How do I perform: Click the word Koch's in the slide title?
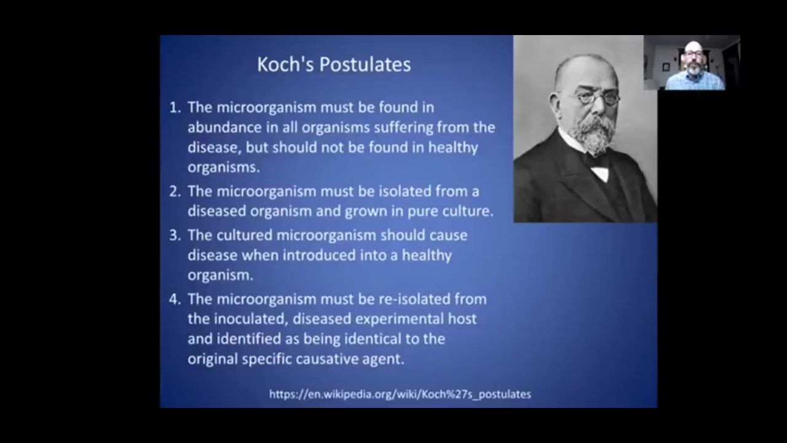tap(285, 65)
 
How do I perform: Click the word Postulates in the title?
tap(365, 65)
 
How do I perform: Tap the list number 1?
tap(175, 107)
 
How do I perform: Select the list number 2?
tap(175, 191)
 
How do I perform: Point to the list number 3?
tap(175, 235)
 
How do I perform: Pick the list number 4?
tap(175, 299)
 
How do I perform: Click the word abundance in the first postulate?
tap(224, 127)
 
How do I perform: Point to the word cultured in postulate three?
tap(244, 235)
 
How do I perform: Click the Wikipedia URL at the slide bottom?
tap(400, 394)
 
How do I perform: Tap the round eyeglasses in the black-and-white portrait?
tap(597, 97)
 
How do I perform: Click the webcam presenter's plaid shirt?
tap(695, 81)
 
